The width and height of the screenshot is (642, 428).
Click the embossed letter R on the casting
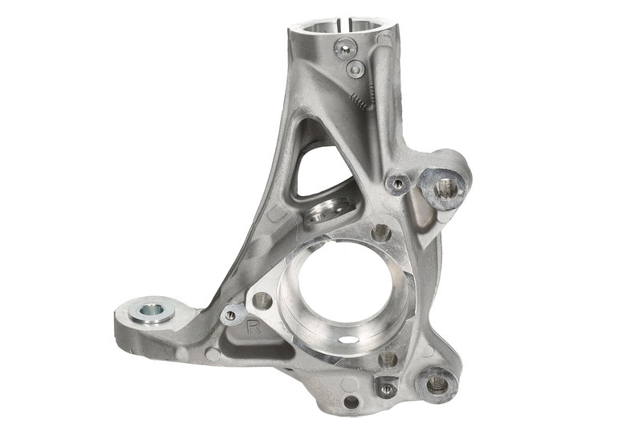click(254, 328)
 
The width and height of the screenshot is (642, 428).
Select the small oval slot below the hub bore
click(347, 339)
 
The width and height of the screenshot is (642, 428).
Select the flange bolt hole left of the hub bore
click(262, 302)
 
